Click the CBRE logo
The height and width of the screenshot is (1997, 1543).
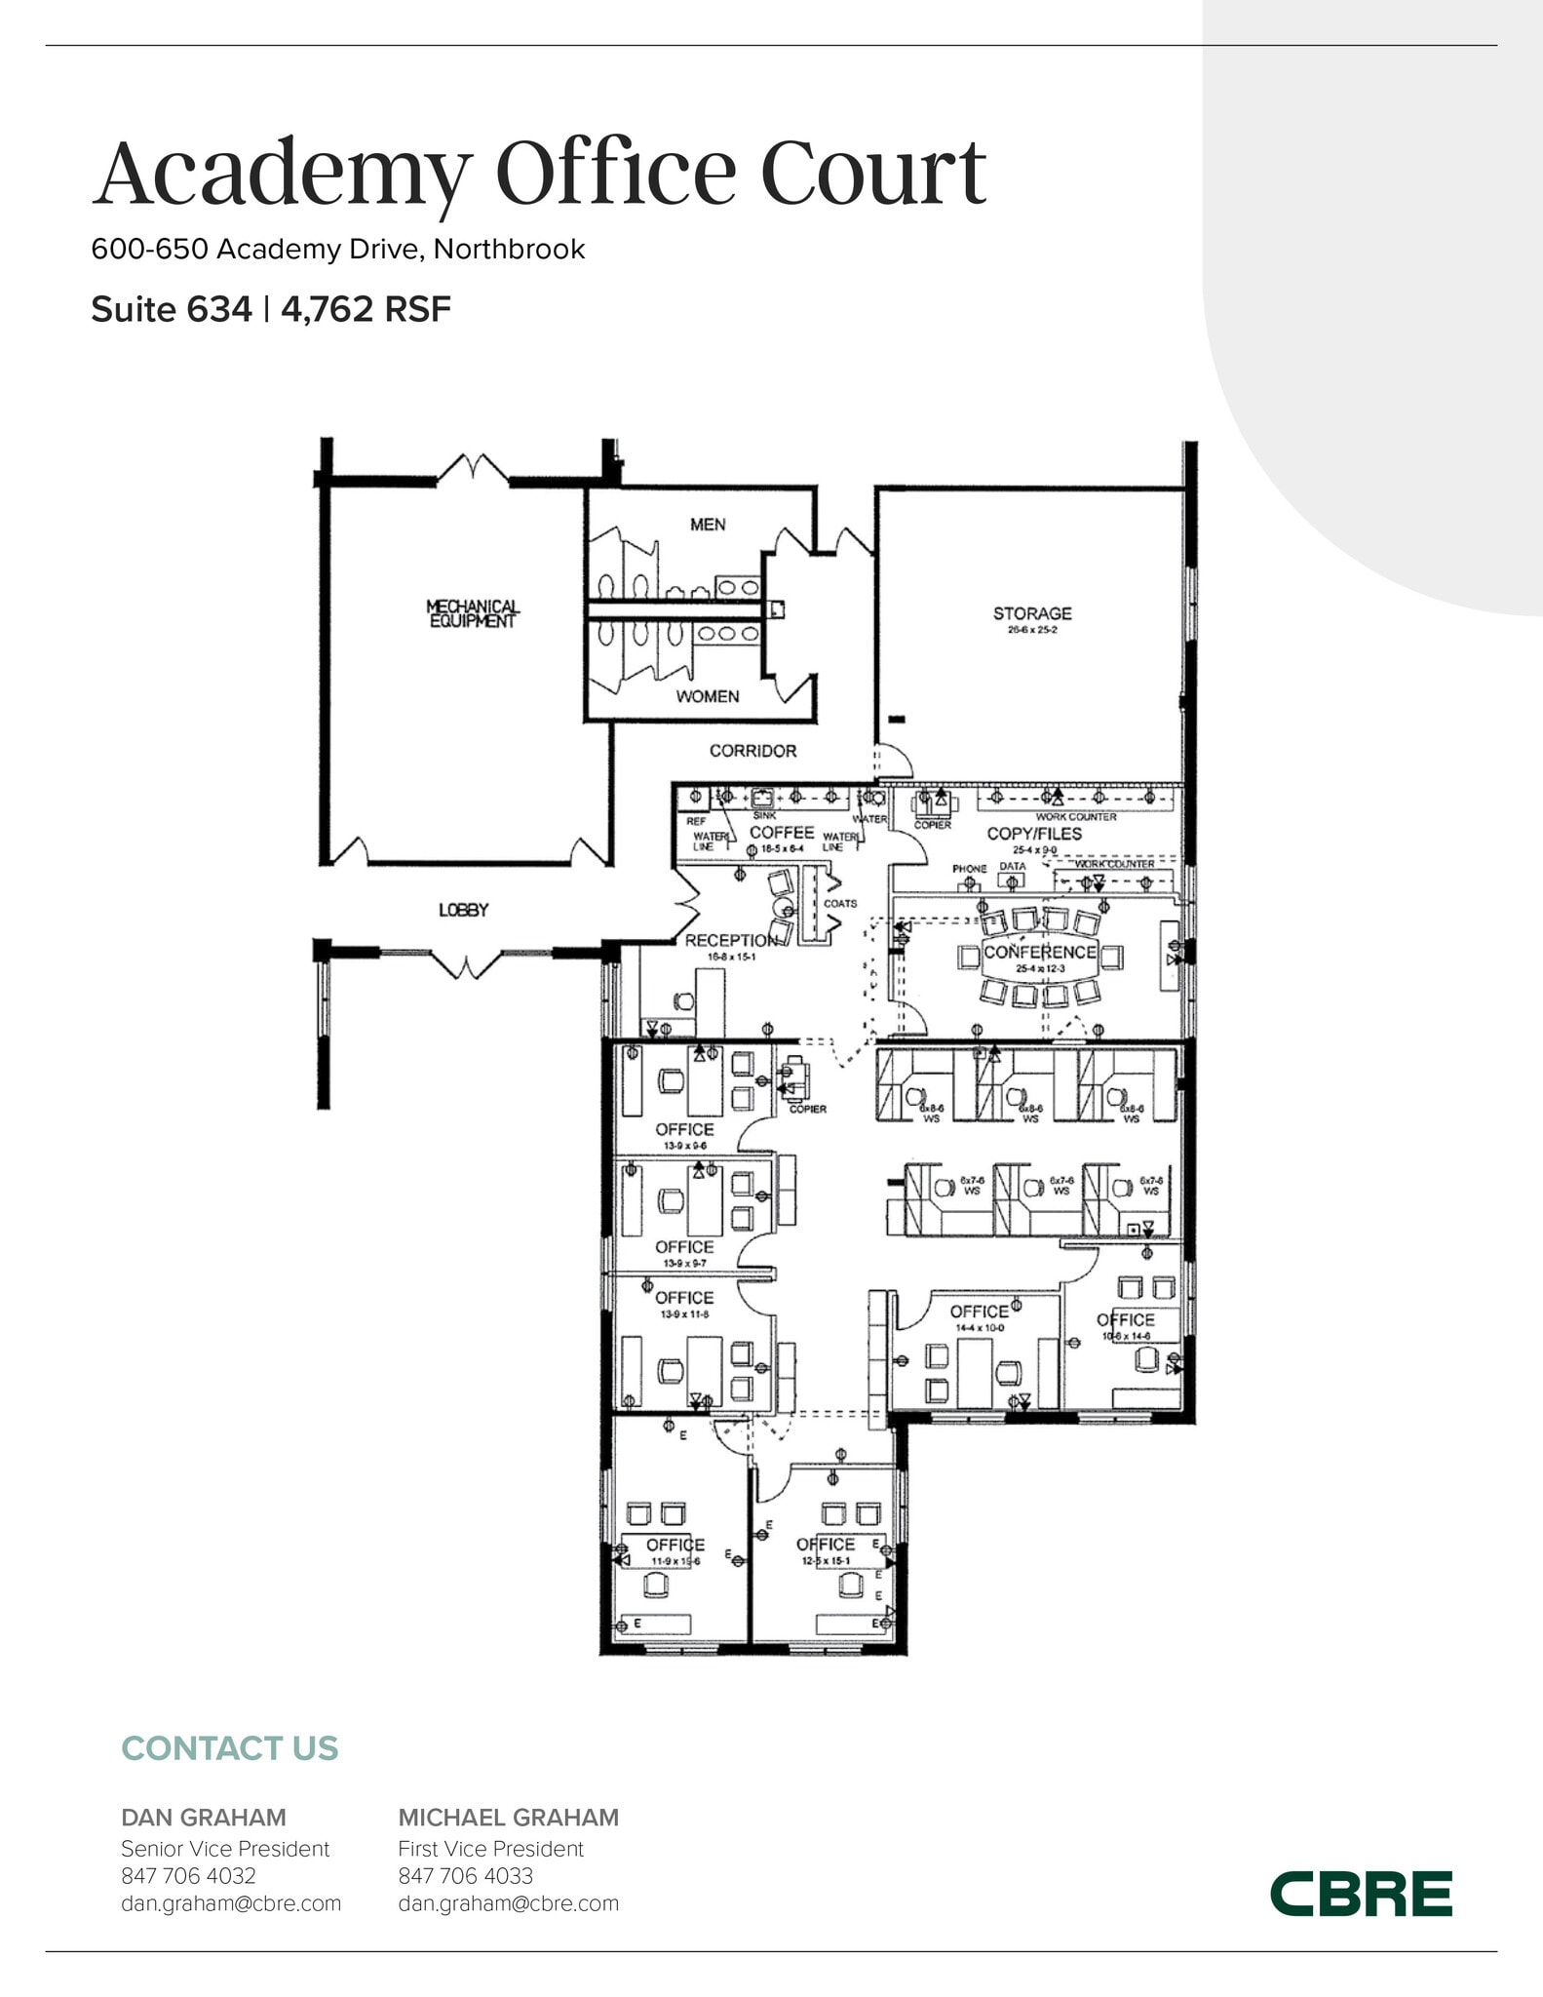tap(1361, 1894)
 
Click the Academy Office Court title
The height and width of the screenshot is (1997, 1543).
tap(539, 174)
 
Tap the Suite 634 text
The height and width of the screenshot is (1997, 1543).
tap(171, 309)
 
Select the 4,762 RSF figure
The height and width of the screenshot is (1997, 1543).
tap(366, 309)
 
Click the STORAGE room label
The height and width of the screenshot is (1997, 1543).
tap(1032, 613)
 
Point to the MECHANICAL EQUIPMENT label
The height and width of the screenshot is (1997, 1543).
tap(473, 613)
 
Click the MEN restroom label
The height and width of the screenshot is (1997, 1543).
tap(708, 525)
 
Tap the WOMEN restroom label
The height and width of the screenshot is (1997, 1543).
tap(708, 696)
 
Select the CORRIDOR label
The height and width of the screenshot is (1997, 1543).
tap(752, 751)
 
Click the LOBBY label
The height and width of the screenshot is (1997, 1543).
tap(463, 910)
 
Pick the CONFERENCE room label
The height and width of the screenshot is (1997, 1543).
tap(1039, 952)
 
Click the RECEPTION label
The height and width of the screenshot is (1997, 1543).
tap(731, 940)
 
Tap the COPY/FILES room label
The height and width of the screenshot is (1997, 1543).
tap(1034, 834)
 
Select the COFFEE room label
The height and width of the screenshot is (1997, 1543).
tap(782, 832)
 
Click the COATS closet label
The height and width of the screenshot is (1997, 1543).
tap(840, 903)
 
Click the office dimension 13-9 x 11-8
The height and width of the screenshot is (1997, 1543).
tap(684, 1314)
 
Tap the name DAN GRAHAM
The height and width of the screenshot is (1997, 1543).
tap(204, 1818)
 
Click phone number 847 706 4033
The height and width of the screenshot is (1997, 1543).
tap(465, 1876)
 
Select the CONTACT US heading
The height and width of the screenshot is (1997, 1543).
tap(230, 1748)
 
